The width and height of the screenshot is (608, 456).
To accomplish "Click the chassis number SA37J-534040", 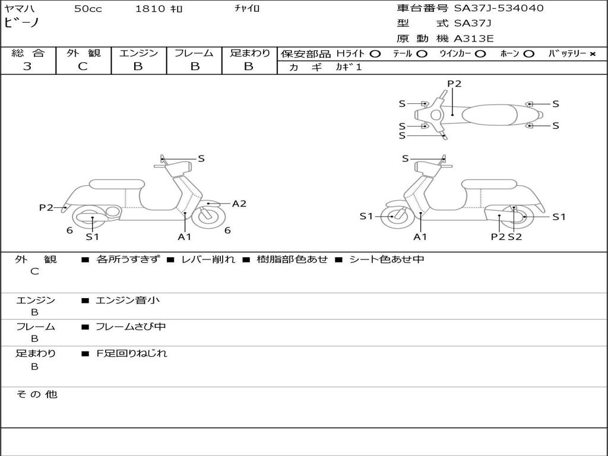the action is (x=499, y=8).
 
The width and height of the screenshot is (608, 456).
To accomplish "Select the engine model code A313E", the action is (x=473, y=39).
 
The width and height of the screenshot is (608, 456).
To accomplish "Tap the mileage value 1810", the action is (x=151, y=9).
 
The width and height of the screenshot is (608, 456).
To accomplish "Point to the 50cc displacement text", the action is (x=87, y=9).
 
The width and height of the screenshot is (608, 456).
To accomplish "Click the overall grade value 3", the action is (x=27, y=66).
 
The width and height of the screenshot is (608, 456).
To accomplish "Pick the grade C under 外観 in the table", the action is (x=83, y=66).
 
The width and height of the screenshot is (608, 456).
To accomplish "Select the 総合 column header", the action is (x=28, y=53).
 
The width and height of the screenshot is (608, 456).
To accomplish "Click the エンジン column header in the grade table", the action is (x=138, y=53).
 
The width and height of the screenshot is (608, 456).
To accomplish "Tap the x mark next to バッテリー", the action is (x=592, y=53).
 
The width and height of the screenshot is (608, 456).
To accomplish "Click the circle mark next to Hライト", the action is (x=375, y=53).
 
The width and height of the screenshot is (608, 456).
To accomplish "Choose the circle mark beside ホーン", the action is (x=528, y=53).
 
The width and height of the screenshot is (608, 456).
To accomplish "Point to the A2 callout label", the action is (x=239, y=204).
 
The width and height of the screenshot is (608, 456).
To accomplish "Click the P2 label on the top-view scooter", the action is (x=454, y=84).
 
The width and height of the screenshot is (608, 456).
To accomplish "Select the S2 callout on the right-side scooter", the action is (x=515, y=237).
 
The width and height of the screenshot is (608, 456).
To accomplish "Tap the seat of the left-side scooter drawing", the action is (x=116, y=183).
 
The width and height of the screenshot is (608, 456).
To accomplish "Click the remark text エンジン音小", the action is (x=128, y=300).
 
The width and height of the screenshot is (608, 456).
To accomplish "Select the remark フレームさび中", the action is (x=131, y=327).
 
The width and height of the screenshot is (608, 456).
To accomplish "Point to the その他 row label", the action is (x=36, y=394).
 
